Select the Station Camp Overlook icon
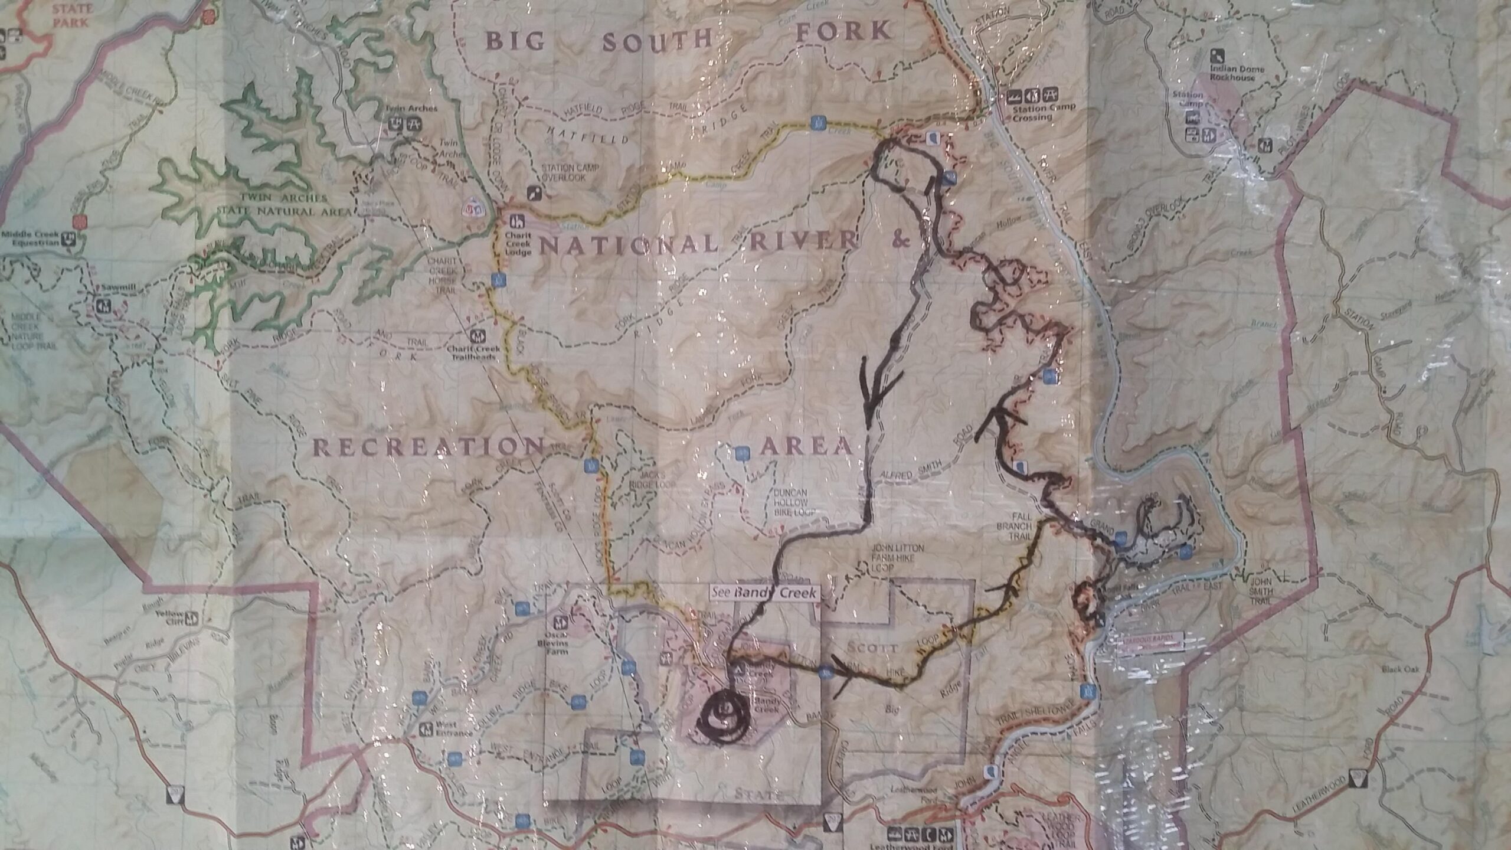[535, 193]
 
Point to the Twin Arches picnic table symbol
[413, 123]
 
